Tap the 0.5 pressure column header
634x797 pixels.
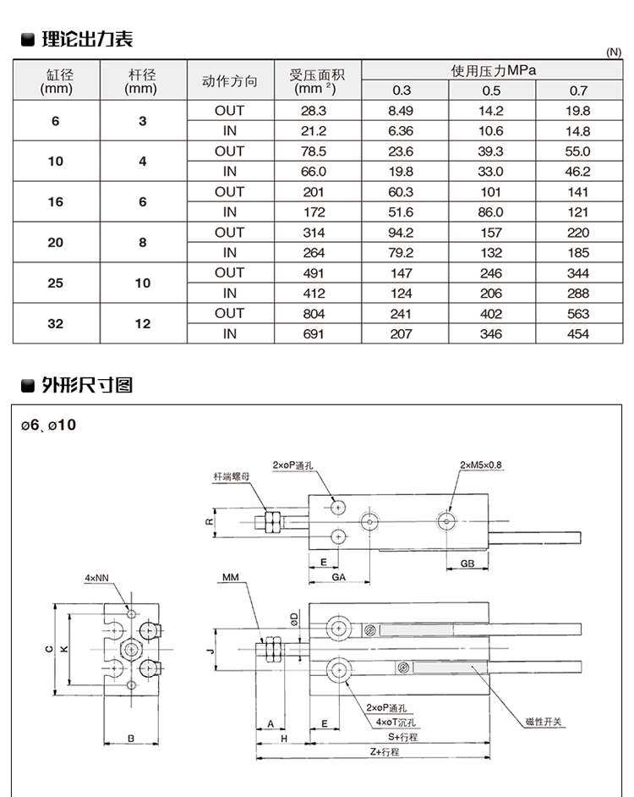click(491, 91)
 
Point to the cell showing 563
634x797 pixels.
click(578, 313)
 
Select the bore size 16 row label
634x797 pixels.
click(56, 202)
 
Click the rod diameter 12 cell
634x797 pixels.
click(142, 323)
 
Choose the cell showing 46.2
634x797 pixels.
click(578, 172)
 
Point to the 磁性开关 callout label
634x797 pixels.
click(543, 721)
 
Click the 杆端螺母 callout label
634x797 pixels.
click(231, 477)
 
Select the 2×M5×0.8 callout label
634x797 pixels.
click(481, 464)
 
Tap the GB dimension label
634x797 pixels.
click(467, 563)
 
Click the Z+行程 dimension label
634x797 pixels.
click(378, 751)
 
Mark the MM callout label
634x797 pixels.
click(231, 578)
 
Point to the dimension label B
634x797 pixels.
click(131, 739)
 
